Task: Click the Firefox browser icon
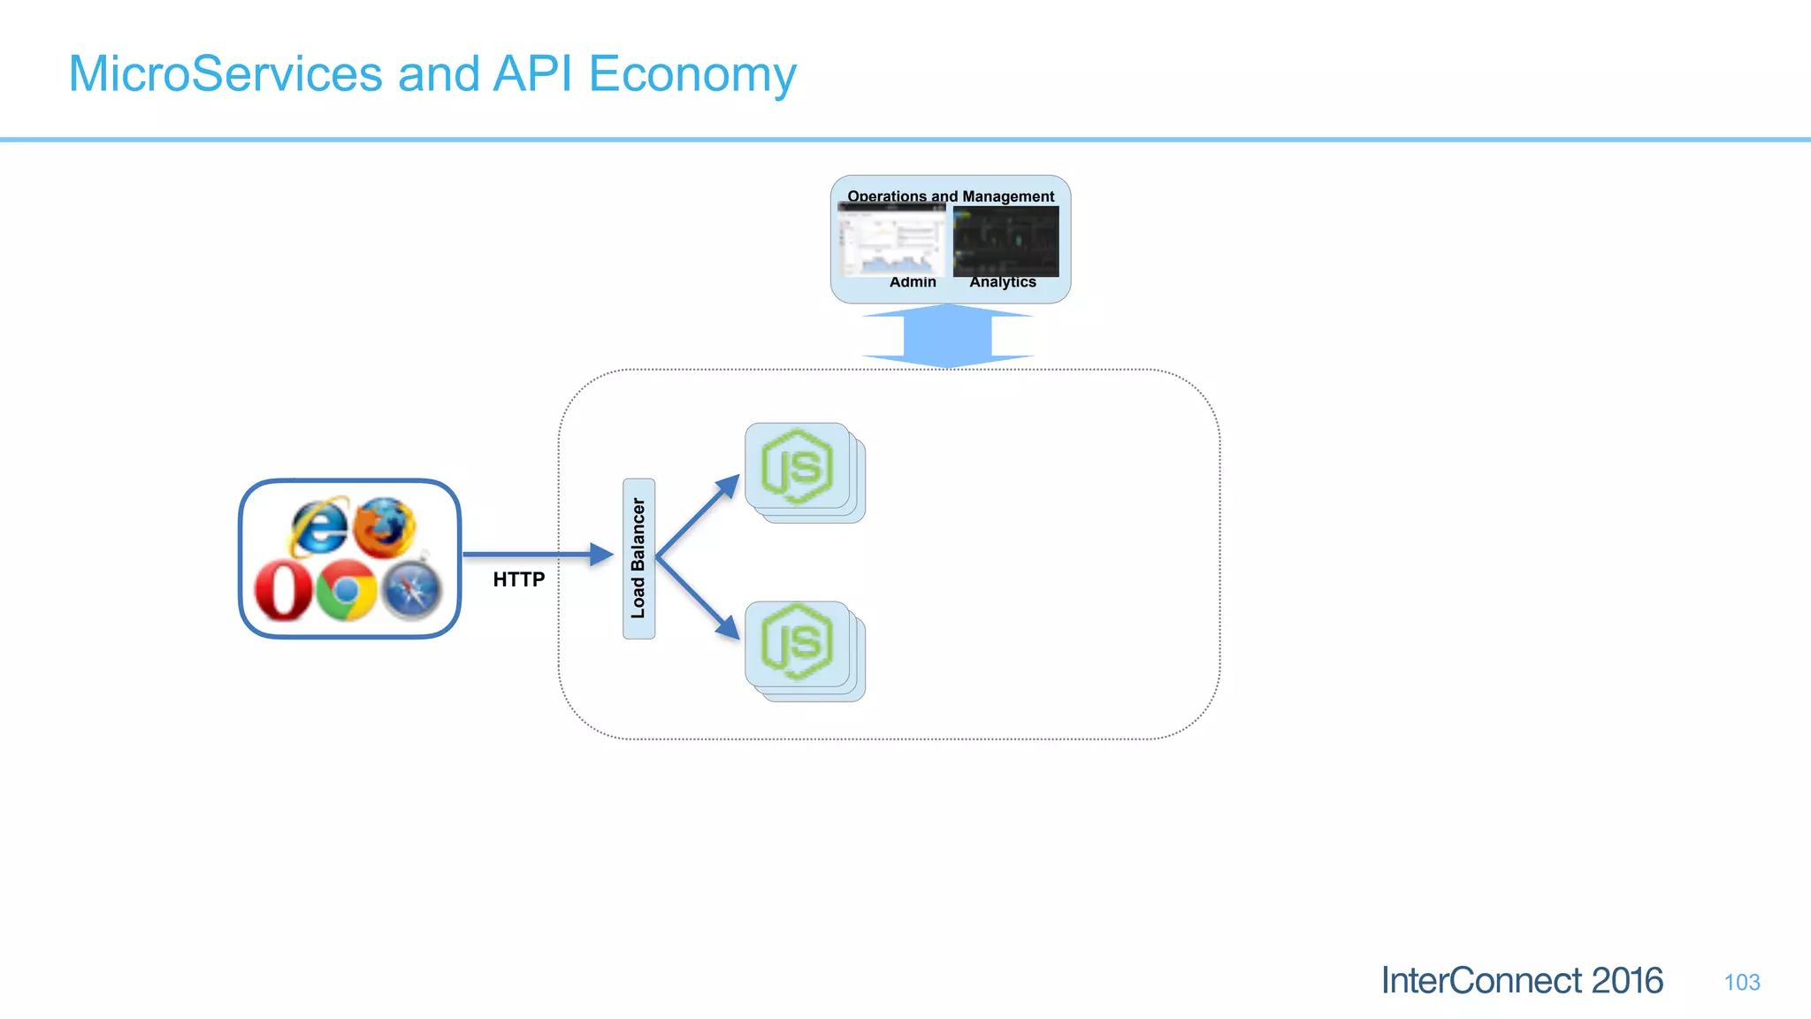click(384, 527)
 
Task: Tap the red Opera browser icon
click(283, 590)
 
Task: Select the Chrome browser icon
click(346, 590)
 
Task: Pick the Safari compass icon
click(411, 590)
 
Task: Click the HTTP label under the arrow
click(518, 579)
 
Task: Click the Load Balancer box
click(638, 558)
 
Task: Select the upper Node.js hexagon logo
click(797, 466)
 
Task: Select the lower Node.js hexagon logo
click(797, 643)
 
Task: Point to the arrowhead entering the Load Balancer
click(601, 555)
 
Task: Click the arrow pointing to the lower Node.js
click(699, 599)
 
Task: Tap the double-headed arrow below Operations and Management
click(947, 335)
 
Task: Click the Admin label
click(913, 282)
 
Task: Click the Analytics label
click(1003, 282)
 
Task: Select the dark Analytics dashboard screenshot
click(1005, 241)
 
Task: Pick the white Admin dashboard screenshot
click(891, 241)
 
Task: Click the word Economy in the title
click(692, 74)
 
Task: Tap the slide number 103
click(1741, 983)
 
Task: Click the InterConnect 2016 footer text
click(1522, 981)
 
